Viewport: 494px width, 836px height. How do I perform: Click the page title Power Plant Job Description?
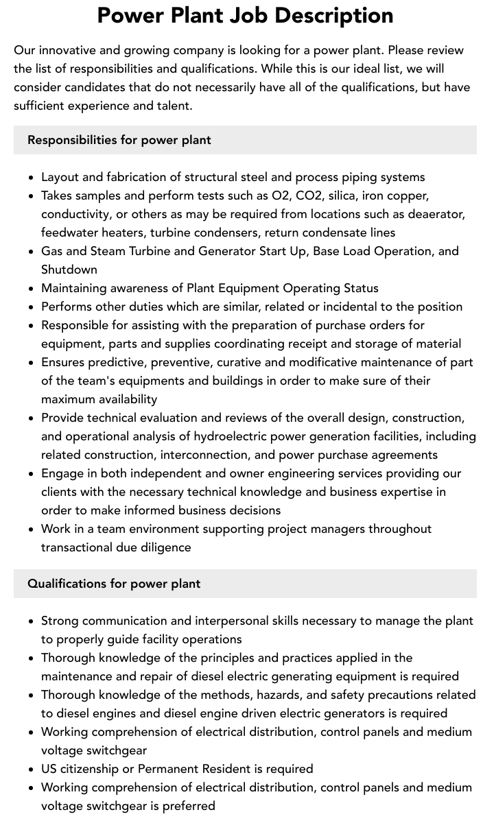245,15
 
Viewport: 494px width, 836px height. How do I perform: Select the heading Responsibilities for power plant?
119,140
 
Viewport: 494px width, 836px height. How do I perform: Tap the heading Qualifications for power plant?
114,584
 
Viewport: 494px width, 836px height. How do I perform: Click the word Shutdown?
69,270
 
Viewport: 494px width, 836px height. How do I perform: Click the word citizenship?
94,769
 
